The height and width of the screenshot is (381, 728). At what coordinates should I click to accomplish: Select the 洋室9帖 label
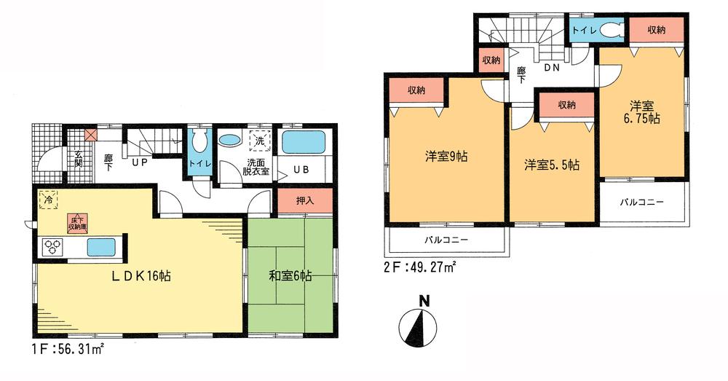click(447, 156)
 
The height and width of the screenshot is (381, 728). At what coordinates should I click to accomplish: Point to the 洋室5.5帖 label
click(553, 165)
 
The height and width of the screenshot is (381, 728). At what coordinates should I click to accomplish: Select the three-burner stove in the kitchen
click(55, 248)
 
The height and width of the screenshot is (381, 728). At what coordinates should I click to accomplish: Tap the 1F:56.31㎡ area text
click(66, 348)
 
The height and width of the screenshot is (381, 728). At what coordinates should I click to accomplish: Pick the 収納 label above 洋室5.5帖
click(567, 105)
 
